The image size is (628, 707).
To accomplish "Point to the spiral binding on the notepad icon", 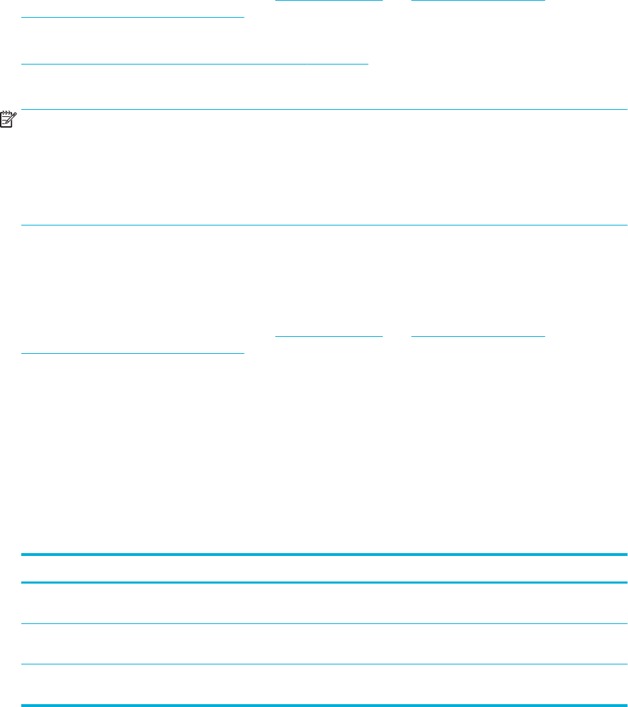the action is click(x=6, y=113).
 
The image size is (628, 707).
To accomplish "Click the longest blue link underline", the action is click(x=195, y=63).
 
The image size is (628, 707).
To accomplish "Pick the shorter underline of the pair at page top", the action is click(x=324, y=1).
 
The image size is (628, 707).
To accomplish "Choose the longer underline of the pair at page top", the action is click(x=478, y=1).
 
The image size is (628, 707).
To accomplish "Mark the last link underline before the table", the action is click(x=133, y=352).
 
